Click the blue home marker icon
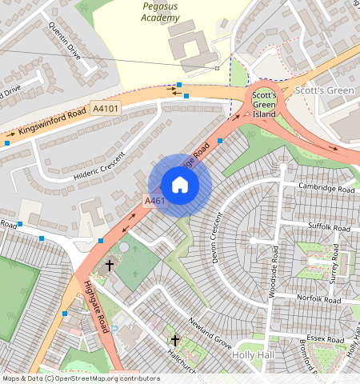click(180, 185)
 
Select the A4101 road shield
click(105, 107)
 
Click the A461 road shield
click(154, 200)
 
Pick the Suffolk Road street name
click(330, 228)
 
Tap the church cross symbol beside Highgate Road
click(110, 265)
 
